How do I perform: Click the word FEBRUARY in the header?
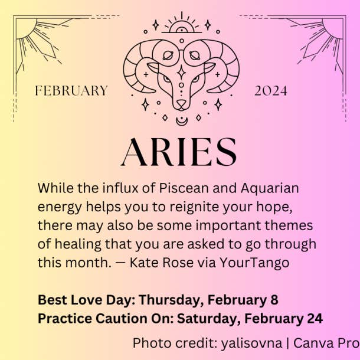tap(71, 90)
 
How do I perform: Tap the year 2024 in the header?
tap(271, 91)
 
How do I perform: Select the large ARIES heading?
tap(179, 152)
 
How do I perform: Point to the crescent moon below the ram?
tap(182, 121)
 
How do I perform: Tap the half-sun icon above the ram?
tap(182, 28)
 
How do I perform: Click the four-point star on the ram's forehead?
tap(181, 73)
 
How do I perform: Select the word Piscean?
tap(184, 188)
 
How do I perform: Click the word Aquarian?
tap(270, 189)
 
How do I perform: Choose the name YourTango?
tap(254, 263)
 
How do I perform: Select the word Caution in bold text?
tap(122, 319)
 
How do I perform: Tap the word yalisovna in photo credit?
tap(251, 343)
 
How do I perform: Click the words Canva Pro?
tap(326, 343)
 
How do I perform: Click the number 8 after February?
tap(274, 300)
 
